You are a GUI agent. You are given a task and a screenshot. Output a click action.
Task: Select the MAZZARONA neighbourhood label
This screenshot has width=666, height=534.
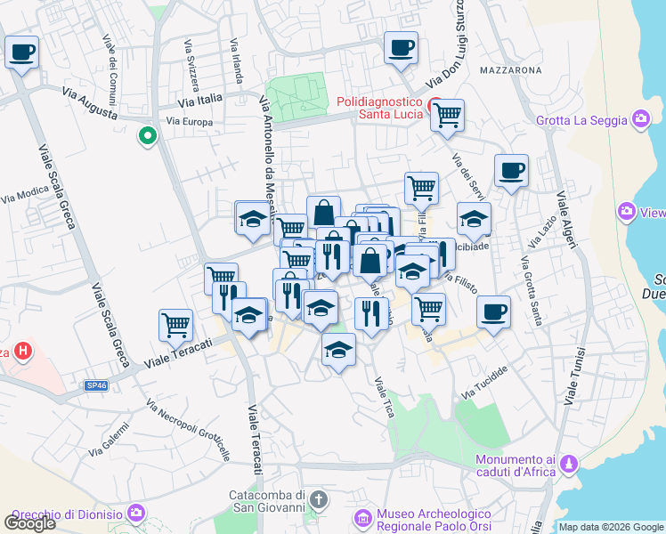coord(510,69)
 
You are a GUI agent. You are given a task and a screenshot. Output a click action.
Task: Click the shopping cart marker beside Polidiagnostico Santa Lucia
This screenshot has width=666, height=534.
coord(447,115)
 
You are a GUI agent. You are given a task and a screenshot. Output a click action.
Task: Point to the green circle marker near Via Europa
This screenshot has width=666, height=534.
coord(147,136)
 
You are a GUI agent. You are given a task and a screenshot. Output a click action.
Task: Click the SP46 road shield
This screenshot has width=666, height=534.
coord(96,385)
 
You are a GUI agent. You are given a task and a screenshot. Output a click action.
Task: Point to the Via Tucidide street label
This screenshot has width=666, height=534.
coord(485,382)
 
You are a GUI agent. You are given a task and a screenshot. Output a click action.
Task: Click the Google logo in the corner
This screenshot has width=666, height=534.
coord(29,523)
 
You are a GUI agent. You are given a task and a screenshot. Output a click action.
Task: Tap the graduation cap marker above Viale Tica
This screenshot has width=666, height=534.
coord(338,351)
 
